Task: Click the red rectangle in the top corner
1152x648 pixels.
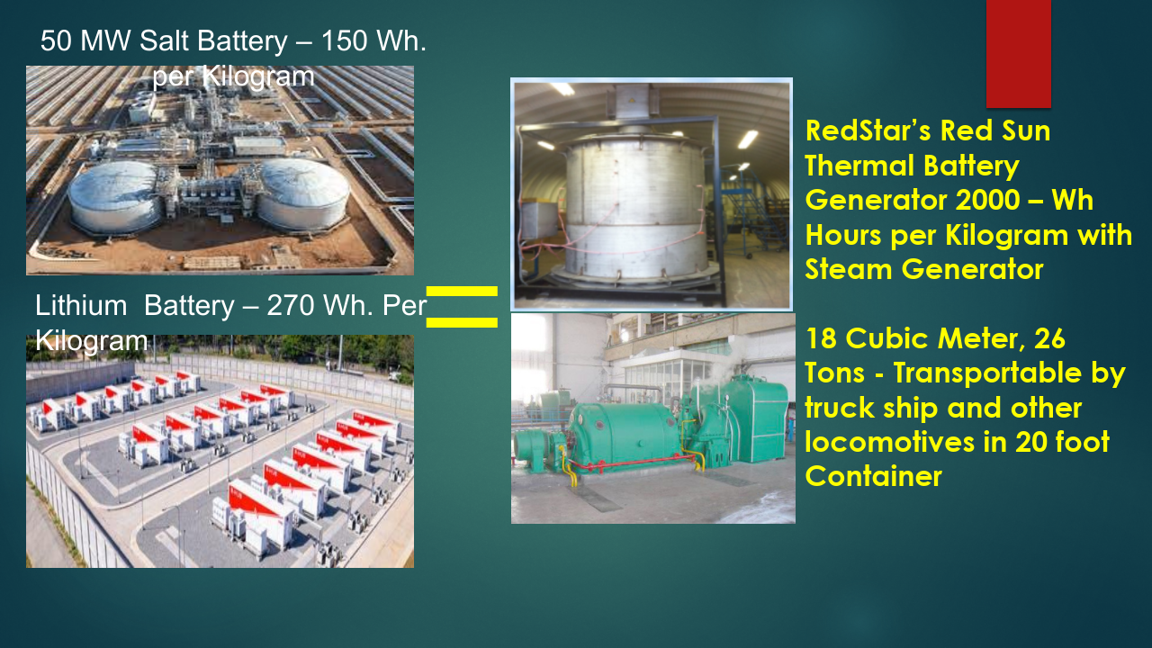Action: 1018,53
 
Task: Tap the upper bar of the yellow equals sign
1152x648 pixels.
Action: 462,291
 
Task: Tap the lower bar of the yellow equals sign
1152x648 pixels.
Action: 462,322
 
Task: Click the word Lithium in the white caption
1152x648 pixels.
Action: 81,305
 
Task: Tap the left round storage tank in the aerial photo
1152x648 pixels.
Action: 116,197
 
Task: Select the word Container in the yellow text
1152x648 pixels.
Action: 873,476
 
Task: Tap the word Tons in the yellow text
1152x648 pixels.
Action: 834,373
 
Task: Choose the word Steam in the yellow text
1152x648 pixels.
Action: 849,269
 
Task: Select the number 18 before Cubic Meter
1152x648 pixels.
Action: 821,337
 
